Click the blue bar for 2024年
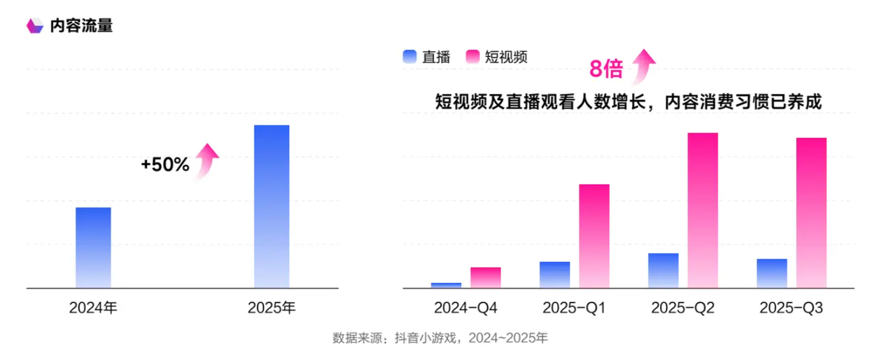(93, 247)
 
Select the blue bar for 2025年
(271, 206)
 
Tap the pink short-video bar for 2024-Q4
(485, 277)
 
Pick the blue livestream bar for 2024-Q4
(446, 285)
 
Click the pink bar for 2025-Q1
(594, 236)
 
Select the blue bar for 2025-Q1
(554, 275)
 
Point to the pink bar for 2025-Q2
(703, 210)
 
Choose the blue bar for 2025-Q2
(664, 270)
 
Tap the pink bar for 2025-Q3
(811, 212)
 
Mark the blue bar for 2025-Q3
(772, 273)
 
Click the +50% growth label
(165, 165)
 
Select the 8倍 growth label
(605, 69)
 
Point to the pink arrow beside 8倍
(643, 65)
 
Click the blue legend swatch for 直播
(409, 57)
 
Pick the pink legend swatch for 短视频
(472, 57)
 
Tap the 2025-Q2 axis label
(682, 308)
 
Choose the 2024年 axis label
(93, 308)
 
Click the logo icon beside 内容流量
(34, 26)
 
